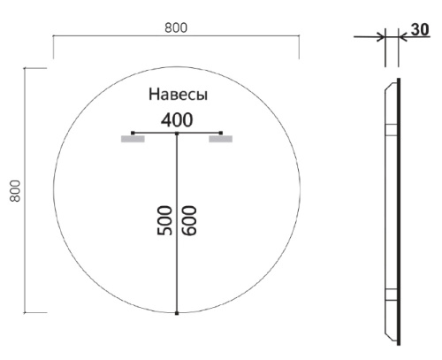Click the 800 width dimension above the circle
(175, 27)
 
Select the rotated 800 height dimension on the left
(14, 190)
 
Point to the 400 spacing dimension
(177, 119)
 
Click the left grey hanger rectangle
(133, 139)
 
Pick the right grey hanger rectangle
(220, 139)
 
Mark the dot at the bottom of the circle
(177, 313)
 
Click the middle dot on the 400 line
(177, 133)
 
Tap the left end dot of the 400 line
(133, 133)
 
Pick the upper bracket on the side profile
(390, 130)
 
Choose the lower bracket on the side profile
(390, 296)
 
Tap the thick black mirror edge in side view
(399, 212)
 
